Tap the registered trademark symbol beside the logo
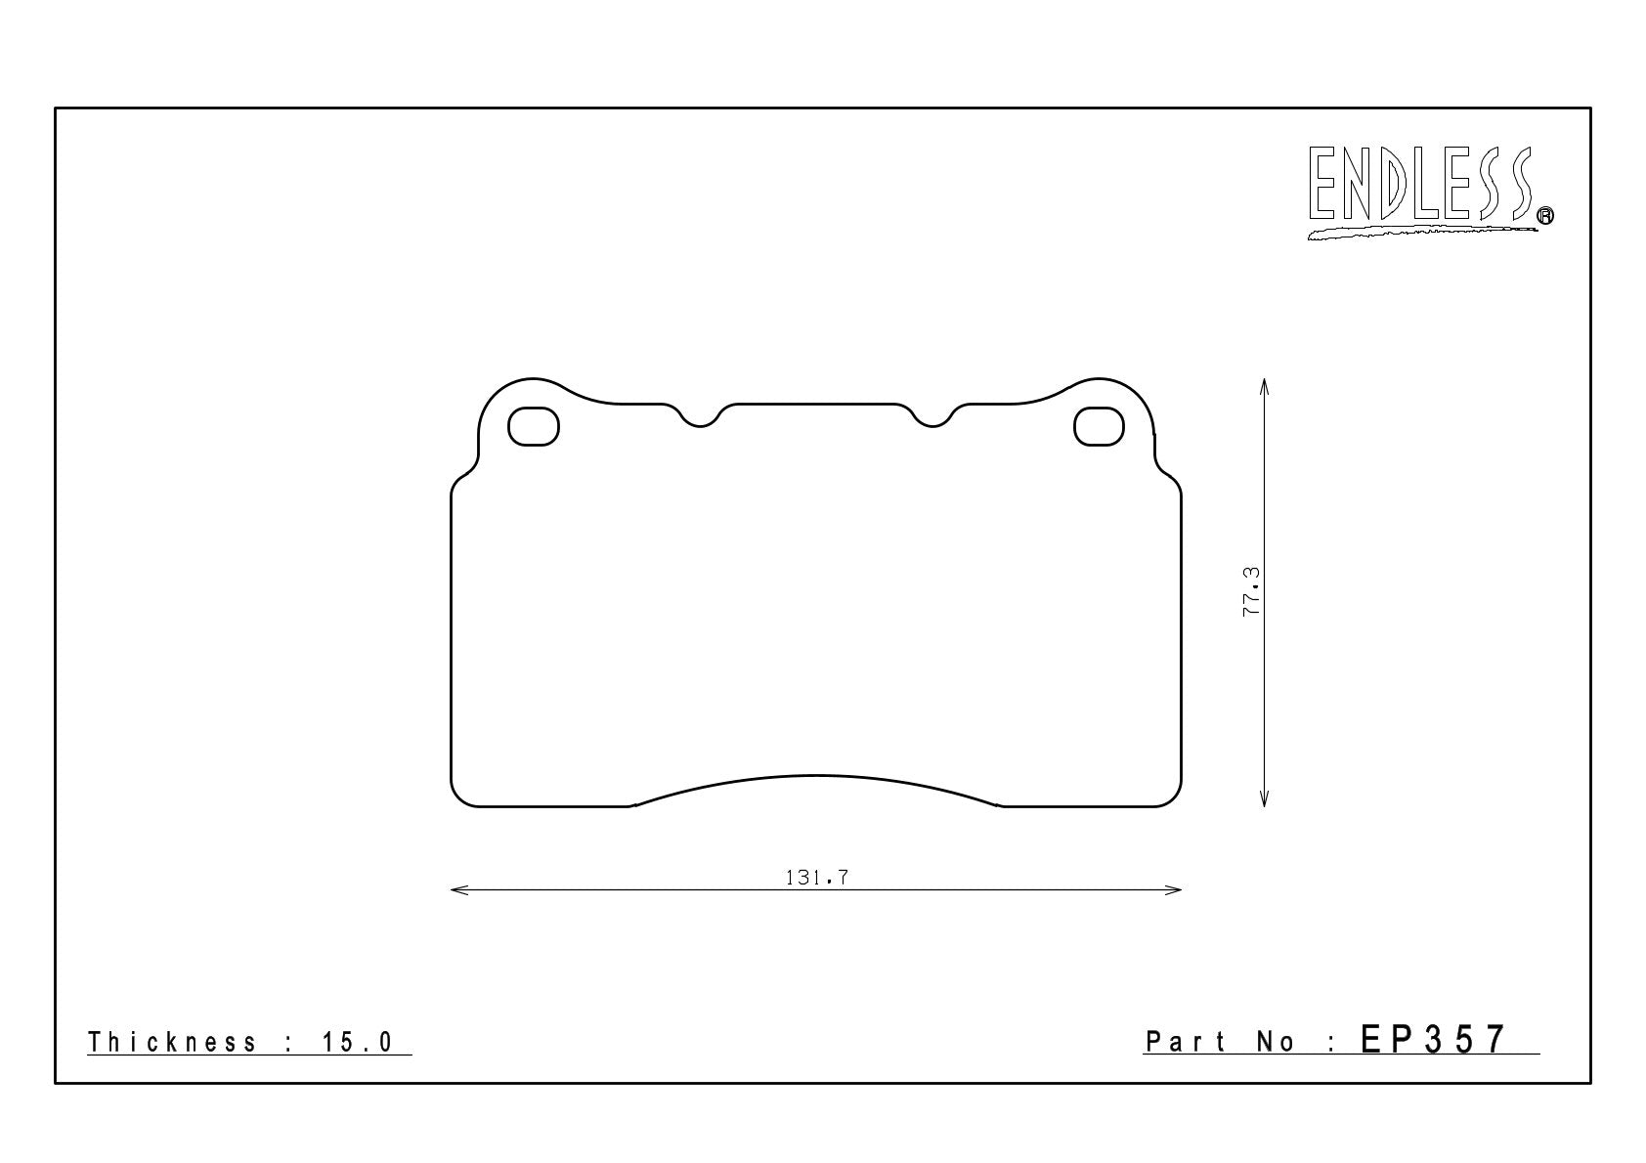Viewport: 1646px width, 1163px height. coord(1545,215)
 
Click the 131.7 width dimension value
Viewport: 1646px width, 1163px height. coord(817,878)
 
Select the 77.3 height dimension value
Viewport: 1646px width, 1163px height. coord(1251,591)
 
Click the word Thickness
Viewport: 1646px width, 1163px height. coord(172,1042)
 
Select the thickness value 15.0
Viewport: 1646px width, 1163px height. coord(358,1042)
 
